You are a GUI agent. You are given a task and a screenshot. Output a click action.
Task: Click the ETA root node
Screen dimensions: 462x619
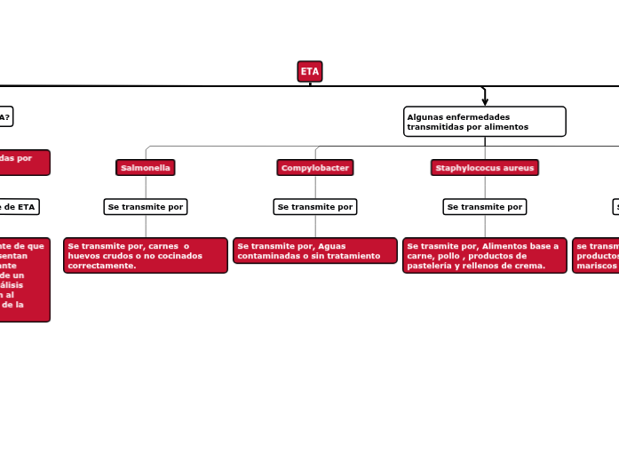(309, 72)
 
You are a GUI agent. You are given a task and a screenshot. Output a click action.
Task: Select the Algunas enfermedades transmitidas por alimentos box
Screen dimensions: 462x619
(484, 122)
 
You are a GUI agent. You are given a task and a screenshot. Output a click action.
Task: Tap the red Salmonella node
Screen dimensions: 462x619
(146, 168)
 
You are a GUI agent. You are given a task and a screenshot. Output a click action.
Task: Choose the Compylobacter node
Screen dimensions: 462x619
(315, 168)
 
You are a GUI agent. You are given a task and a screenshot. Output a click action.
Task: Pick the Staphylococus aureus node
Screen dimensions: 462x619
(485, 168)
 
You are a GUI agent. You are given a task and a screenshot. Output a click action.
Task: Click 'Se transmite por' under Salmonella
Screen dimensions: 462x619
(146, 207)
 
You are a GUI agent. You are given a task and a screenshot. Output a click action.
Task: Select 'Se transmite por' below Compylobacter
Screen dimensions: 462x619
(315, 207)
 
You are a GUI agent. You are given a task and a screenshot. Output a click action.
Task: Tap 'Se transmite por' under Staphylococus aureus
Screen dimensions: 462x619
(485, 207)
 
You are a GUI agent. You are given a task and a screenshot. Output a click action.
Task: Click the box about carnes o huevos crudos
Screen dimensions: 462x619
(146, 256)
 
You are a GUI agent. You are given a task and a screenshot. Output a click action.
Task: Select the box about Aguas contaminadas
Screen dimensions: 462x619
(315, 251)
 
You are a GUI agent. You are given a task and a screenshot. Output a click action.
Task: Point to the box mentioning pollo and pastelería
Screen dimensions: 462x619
(485, 256)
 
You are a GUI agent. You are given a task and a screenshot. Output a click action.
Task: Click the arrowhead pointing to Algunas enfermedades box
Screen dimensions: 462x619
(485, 101)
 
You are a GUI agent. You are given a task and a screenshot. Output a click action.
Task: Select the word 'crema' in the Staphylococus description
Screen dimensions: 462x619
(528, 266)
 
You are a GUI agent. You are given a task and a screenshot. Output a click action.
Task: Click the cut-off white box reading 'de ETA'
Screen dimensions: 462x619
(18, 207)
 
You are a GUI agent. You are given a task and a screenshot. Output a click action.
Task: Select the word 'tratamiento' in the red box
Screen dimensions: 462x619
(355, 256)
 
